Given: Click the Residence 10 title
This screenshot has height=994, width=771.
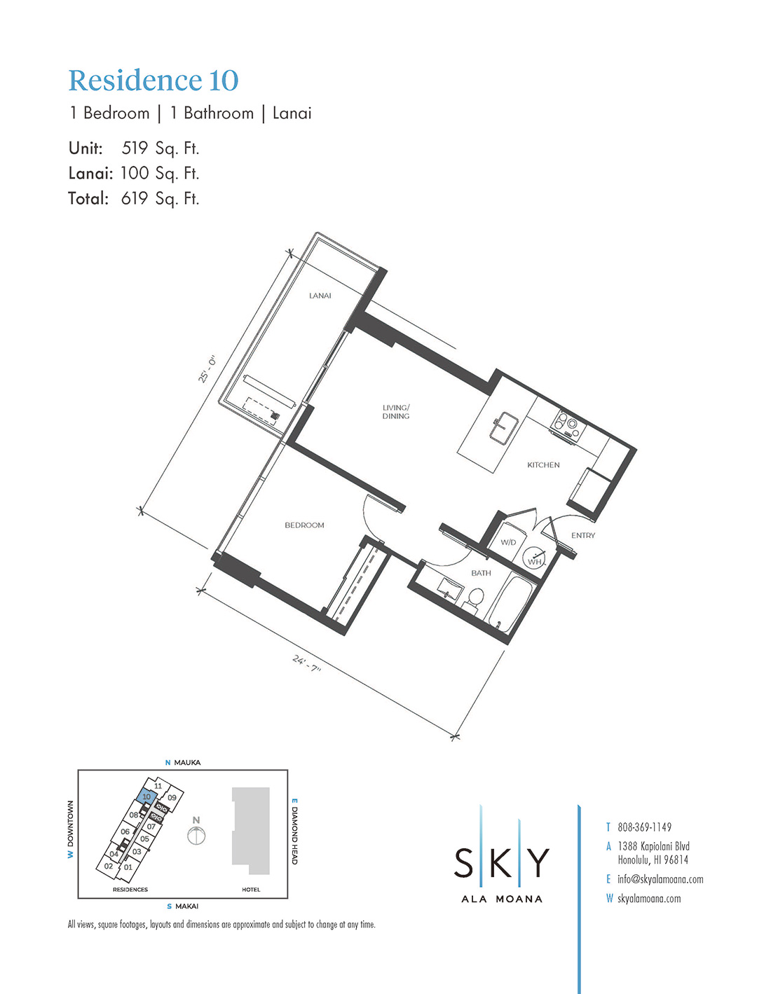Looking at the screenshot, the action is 153,81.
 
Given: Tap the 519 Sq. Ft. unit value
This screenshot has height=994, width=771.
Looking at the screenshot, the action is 160,149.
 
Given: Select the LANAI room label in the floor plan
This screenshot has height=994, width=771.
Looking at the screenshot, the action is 320,296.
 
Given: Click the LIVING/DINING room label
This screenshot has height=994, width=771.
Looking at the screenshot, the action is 396,412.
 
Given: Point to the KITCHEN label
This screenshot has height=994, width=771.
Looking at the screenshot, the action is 543,464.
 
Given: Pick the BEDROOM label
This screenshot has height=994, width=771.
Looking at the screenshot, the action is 304,525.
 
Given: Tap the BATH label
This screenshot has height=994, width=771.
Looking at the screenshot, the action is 481,573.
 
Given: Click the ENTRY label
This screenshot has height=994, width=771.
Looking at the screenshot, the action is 583,535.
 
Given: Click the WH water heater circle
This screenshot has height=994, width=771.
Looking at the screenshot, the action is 534,559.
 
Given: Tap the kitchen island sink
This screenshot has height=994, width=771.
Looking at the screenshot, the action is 503,427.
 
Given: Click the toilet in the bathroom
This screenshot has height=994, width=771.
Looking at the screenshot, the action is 474,599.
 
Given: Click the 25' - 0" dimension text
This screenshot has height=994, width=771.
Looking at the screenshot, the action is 206,369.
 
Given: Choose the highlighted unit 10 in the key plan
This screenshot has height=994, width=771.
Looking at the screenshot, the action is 146,796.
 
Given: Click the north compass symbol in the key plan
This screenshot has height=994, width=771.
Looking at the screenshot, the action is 196,835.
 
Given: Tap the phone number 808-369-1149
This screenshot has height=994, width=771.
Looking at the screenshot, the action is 644,827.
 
